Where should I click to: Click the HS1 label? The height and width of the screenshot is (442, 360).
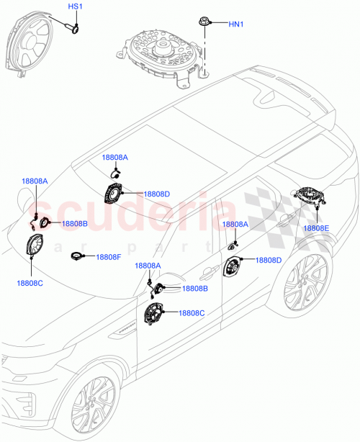point(76,6)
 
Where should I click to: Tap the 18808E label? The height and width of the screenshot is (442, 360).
point(316,228)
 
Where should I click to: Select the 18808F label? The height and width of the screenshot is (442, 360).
point(110,257)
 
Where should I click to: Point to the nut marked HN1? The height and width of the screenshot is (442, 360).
point(205,23)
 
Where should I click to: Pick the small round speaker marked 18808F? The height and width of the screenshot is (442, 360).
point(76,256)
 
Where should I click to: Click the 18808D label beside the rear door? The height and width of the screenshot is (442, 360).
point(269,260)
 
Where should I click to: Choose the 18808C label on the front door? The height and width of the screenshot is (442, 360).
point(192,313)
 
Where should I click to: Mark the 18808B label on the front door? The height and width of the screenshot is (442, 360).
point(194,289)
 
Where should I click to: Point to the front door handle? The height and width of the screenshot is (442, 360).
point(209,272)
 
